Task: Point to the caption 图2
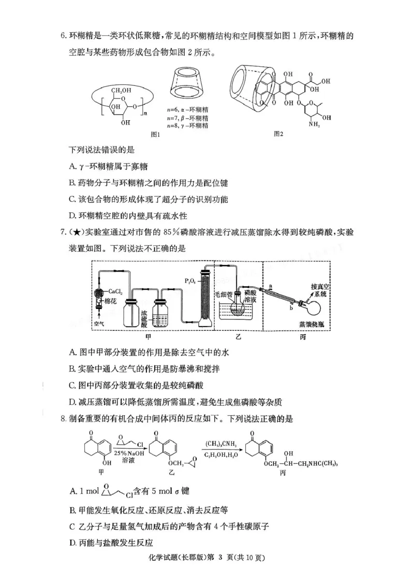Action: coord(278,134)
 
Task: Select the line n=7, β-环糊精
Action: coord(187,118)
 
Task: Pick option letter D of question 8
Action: coord(72,543)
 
